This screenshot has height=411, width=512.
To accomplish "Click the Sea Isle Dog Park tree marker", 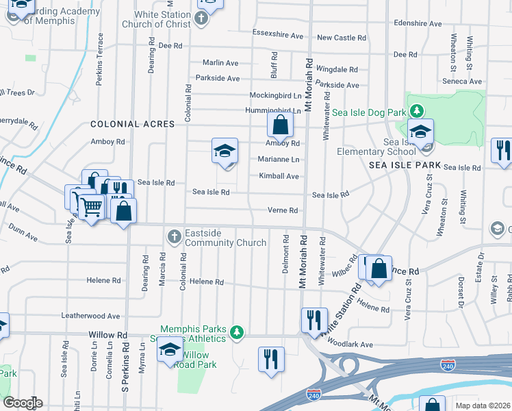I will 415,111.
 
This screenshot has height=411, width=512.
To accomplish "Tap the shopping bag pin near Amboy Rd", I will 280,125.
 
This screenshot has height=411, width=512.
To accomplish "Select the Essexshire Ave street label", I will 277,35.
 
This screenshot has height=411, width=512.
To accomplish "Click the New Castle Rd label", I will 341,38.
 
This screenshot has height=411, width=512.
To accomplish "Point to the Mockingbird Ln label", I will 275,96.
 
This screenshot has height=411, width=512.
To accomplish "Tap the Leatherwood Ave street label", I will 90,316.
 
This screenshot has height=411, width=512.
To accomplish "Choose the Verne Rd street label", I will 282,210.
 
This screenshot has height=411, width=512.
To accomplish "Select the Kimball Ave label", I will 279,176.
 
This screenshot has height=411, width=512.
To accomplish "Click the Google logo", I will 23,402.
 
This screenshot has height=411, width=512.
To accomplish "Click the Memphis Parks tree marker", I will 237,332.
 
